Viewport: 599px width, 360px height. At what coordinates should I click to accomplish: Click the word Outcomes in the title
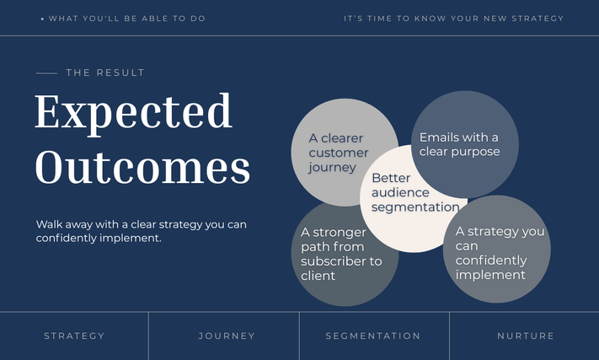tap(142, 168)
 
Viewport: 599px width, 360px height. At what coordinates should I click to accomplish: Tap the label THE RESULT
tap(105, 73)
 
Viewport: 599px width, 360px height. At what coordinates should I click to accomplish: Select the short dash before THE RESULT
tap(46, 73)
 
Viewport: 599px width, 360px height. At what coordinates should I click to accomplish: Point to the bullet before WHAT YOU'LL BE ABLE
tap(42, 19)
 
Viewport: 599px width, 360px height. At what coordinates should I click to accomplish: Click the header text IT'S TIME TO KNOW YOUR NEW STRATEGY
tap(453, 19)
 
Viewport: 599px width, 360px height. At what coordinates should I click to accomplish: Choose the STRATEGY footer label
tap(74, 336)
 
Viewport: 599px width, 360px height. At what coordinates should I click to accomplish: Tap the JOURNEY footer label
tap(227, 336)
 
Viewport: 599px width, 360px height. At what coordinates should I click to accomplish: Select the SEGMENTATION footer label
tap(373, 336)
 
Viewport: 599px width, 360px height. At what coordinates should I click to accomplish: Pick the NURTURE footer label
tap(525, 336)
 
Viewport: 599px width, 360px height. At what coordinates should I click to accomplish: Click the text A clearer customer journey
tap(339, 153)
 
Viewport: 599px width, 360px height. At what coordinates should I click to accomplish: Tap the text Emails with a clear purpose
tap(459, 144)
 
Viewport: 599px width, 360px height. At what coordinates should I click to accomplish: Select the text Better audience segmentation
tap(415, 192)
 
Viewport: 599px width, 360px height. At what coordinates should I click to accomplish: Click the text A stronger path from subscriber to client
tap(341, 254)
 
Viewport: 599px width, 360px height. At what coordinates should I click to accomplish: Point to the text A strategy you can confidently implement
tap(500, 253)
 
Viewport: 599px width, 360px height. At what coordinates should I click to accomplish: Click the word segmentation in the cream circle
tap(415, 207)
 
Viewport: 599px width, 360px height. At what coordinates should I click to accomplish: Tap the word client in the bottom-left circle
tap(318, 276)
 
